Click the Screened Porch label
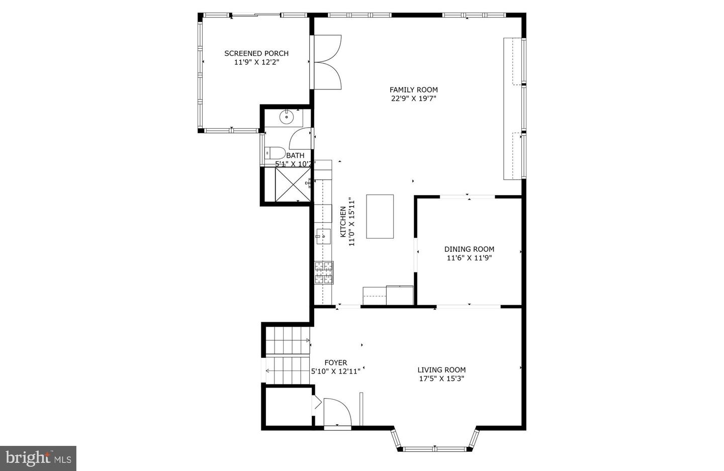(256, 53)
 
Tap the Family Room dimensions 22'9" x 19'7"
(414, 99)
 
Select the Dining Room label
(469, 249)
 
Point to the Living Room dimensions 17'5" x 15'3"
(441, 379)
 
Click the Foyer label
(336, 363)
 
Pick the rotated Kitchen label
(343, 222)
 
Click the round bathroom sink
(286, 117)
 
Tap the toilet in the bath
(275, 153)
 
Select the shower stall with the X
(293, 185)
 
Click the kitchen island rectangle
(380, 217)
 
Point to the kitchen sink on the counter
(323, 236)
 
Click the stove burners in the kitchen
(324, 273)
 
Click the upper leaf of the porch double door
(328, 48)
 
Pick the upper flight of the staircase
(288, 340)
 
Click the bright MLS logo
(38, 458)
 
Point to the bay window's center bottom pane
(435, 449)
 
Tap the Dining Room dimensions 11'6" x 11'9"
(469, 258)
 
